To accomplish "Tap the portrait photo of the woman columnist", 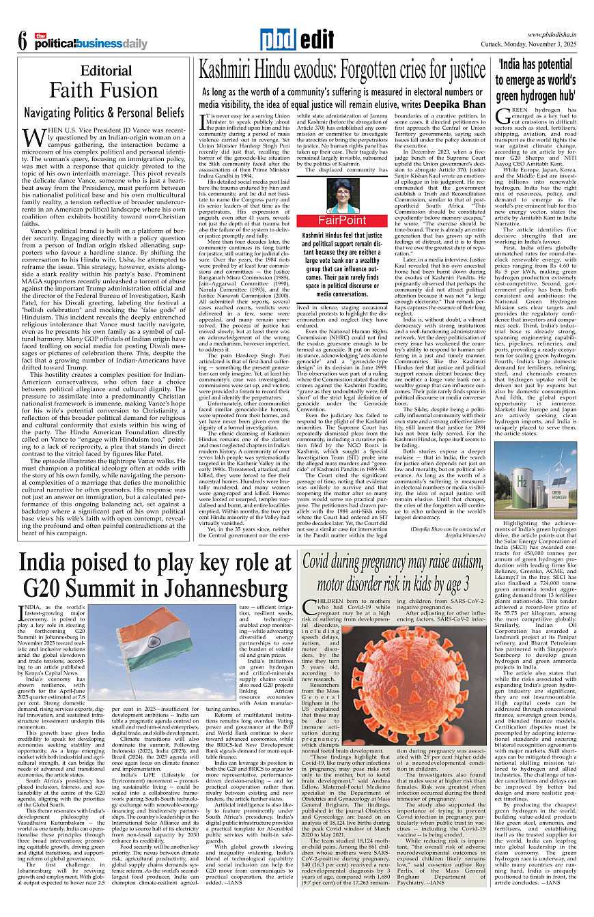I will point(343,196).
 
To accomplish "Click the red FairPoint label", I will point(343,221).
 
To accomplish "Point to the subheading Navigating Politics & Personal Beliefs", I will point(104,111).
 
